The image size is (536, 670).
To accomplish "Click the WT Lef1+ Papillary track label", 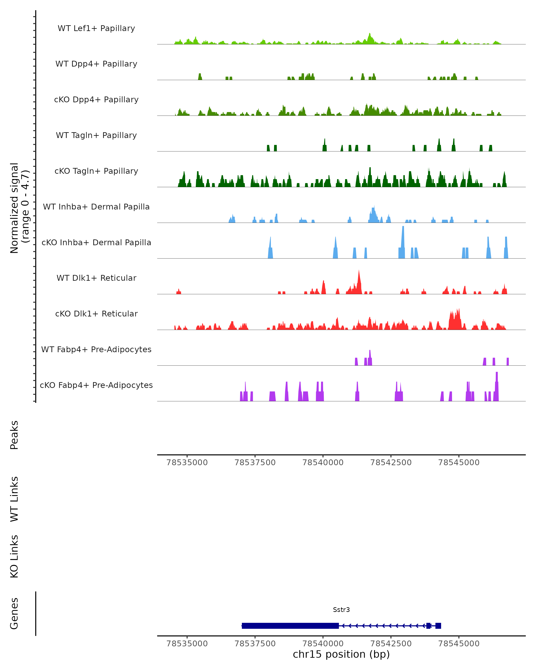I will pos(96,28).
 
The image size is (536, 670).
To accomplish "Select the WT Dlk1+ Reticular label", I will pos(96,278).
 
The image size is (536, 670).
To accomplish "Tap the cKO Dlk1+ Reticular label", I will pos(96,314).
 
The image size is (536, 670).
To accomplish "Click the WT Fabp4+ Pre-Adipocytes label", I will pos(96,349).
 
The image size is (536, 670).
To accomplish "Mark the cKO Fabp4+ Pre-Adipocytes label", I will pos(96,385).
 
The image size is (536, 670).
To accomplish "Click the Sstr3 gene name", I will pos(341,610).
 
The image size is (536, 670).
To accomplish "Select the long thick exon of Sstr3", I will pos(290,626).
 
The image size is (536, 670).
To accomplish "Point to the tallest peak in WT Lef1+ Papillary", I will pos(369,35).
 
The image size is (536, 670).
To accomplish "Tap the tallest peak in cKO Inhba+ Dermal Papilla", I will pos(403,229).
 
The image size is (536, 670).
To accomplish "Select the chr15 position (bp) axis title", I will pos(341,654).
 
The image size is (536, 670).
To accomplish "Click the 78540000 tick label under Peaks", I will pos(323,463).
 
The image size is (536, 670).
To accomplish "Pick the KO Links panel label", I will pos(14,556).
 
